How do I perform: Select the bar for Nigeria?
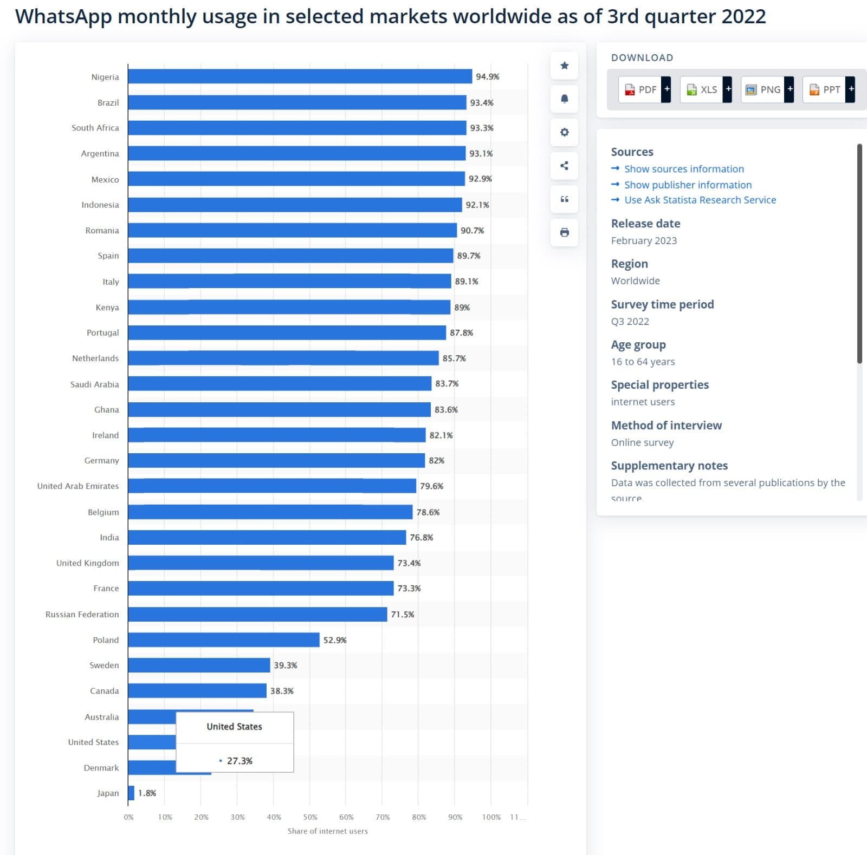[x=300, y=76]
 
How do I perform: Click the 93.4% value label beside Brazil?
[x=482, y=102]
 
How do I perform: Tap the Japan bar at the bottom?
[x=131, y=793]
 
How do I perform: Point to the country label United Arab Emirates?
[x=78, y=486]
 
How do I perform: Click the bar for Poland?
[x=224, y=639]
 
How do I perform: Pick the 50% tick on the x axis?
[x=310, y=817]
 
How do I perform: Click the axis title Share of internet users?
[x=327, y=831]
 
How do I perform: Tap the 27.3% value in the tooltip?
[x=240, y=760]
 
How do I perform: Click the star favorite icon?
[x=564, y=66]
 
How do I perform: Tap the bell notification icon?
[x=564, y=99]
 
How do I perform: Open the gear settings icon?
[x=564, y=132]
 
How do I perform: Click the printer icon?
[x=564, y=232]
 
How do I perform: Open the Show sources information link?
[x=684, y=169]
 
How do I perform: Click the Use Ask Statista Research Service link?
[x=700, y=200]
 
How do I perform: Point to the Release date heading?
[x=645, y=223]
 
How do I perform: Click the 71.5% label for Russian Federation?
[x=403, y=614]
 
